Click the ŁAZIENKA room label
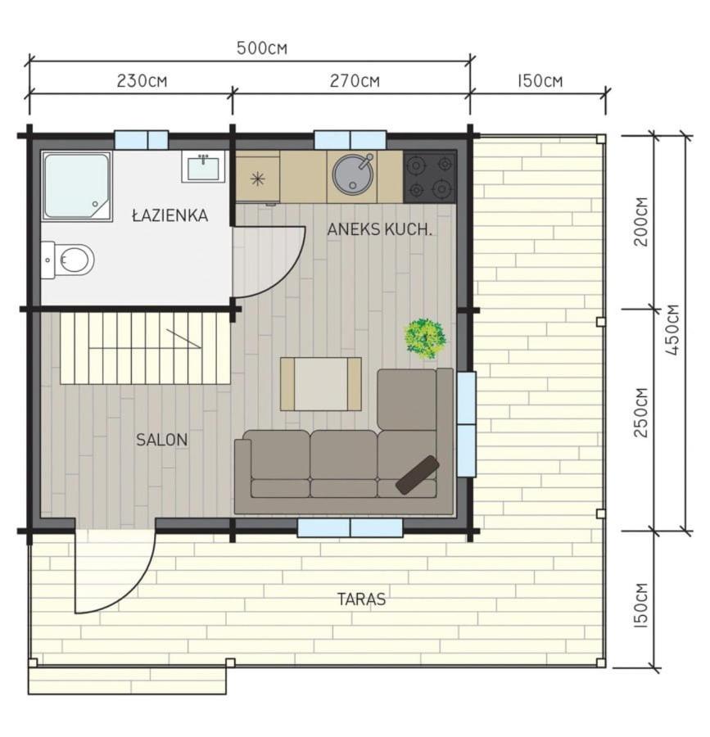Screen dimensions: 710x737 click(170, 215)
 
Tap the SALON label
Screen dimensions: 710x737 click(161, 440)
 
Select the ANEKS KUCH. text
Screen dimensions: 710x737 click(379, 229)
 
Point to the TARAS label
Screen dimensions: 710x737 click(361, 599)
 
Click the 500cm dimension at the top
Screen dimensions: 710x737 click(262, 48)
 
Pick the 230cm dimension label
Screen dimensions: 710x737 click(142, 81)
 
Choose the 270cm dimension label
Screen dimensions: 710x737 click(355, 81)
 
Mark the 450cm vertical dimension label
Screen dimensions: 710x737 click(672, 330)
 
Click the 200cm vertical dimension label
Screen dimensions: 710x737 click(641, 221)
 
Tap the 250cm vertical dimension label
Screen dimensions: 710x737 click(641, 413)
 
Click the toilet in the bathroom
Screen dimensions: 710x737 click(68, 260)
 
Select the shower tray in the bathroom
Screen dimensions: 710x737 click(77, 186)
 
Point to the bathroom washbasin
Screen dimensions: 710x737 click(203, 167)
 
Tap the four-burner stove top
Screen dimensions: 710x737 click(429, 177)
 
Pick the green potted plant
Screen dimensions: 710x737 click(425, 338)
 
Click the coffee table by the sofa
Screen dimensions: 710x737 click(321, 384)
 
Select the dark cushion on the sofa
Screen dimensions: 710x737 click(418, 474)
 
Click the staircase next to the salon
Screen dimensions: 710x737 click(146, 348)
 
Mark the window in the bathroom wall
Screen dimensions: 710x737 click(142, 140)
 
